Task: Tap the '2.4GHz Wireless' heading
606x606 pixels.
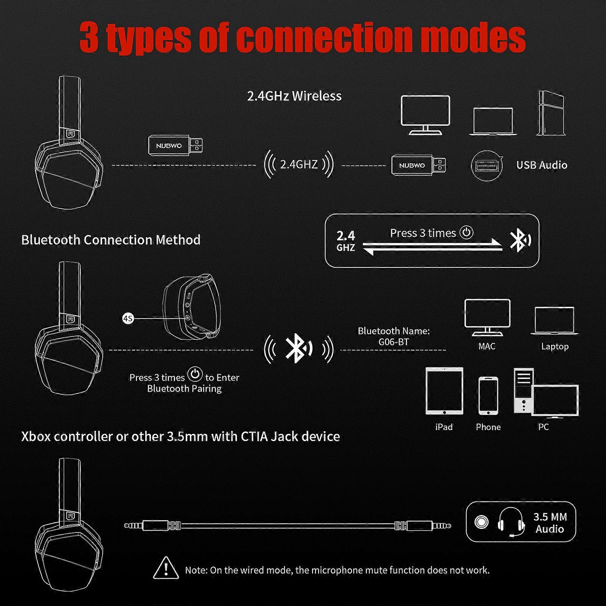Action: tap(294, 96)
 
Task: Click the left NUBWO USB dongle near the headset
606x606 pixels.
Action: tap(175, 145)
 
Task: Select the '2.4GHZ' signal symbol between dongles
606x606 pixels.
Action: tap(298, 164)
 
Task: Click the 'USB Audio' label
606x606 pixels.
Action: tap(542, 165)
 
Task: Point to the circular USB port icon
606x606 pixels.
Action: tap(486, 166)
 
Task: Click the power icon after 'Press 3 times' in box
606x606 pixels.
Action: tap(466, 232)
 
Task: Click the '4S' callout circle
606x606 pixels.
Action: tap(128, 319)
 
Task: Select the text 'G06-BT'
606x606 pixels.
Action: tap(394, 342)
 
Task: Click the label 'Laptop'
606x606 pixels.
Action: tap(554, 347)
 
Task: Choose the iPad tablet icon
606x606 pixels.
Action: tap(444, 391)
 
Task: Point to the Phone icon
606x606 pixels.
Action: tap(488, 396)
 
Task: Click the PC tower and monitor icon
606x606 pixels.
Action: tap(545, 394)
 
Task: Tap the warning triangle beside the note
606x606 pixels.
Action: tap(166, 568)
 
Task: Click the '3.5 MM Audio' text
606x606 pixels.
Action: tap(550, 523)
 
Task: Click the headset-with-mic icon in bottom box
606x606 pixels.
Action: tap(511, 522)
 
